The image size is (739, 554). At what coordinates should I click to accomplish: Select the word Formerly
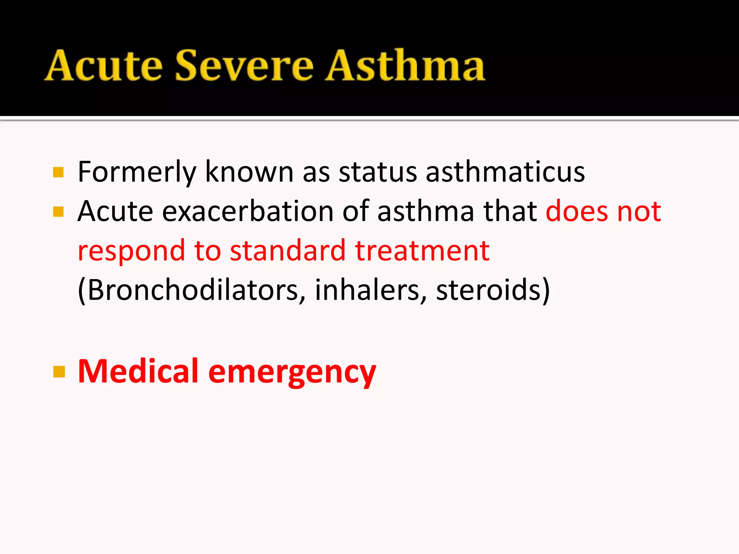(x=137, y=172)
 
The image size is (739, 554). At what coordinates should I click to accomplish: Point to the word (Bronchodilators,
(x=192, y=290)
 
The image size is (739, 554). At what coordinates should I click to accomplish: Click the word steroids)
(x=493, y=290)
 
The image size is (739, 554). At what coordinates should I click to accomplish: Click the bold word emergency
(x=292, y=373)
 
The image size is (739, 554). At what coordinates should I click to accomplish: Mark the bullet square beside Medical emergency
(x=59, y=371)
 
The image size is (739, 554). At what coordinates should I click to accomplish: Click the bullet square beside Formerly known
(x=58, y=172)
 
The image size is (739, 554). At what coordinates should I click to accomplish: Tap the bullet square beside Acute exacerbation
(x=58, y=212)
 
